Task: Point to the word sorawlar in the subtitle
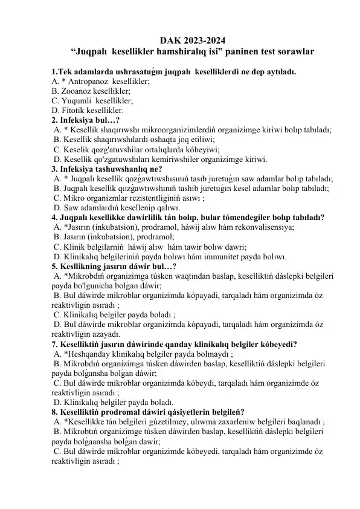(x=292, y=53)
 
